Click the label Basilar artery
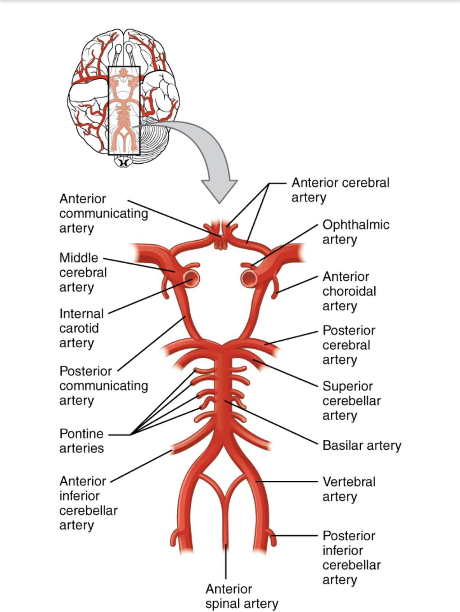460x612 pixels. pos(362,445)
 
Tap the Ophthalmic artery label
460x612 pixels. pos(356,232)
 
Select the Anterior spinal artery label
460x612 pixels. pos(241,596)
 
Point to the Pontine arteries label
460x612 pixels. pos(81,441)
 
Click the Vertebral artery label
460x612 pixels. pos(349,489)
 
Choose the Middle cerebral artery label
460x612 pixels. pos(83,272)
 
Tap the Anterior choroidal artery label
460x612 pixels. pos(349,291)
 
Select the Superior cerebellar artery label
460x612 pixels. pos(351,400)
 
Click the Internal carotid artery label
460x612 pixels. pos(81,328)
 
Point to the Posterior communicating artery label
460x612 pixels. pos(103,385)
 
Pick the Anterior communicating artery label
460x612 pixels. pos(103,213)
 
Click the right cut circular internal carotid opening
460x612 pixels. pos(249,278)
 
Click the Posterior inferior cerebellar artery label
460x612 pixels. pos(351,558)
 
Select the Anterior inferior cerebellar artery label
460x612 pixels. pos(88,503)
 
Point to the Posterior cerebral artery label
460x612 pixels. pos(349,345)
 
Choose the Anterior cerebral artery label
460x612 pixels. pos(340,190)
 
